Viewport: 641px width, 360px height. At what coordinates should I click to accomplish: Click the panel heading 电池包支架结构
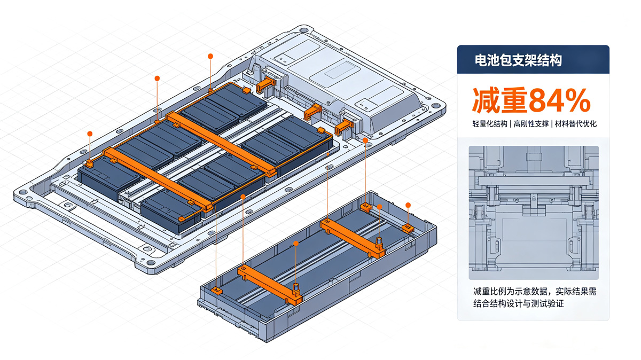coord(518,60)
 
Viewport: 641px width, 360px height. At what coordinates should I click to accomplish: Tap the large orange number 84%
coord(559,100)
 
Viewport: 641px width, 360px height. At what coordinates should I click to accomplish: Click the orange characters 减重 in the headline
coord(499,100)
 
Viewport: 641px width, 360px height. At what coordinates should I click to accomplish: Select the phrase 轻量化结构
coord(490,124)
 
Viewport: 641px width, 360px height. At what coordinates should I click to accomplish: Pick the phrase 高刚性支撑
coord(531,124)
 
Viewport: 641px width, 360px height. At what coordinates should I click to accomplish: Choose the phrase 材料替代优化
coord(576,124)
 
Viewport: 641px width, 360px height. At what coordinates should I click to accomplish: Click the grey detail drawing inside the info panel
coord(534,213)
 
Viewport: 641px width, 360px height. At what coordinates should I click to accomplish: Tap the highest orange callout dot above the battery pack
coord(210,57)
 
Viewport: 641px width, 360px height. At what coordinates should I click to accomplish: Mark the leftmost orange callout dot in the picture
coord(90,134)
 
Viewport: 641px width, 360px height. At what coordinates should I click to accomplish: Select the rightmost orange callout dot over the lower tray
coord(408,205)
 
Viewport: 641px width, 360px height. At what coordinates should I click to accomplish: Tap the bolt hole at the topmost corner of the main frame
coord(303,30)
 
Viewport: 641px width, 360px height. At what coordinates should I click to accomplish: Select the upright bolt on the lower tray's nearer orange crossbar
coord(296,288)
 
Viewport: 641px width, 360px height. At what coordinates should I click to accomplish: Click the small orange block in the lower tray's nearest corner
coord(217,291)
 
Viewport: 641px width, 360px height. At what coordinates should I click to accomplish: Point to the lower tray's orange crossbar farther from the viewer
coord(353,238)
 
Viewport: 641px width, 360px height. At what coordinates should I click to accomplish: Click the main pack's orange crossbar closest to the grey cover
coord(222,143)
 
